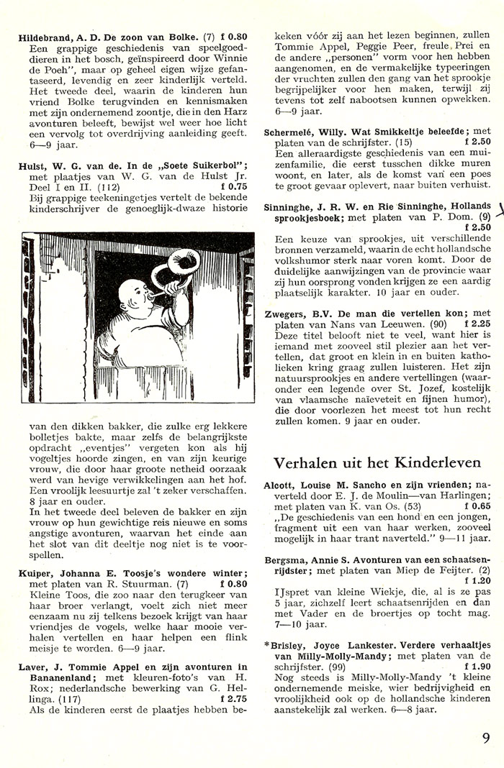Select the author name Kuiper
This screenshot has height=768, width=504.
click(35, 573)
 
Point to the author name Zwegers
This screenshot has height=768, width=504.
click(286, 314)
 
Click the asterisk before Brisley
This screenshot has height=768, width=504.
click(267, 646)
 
